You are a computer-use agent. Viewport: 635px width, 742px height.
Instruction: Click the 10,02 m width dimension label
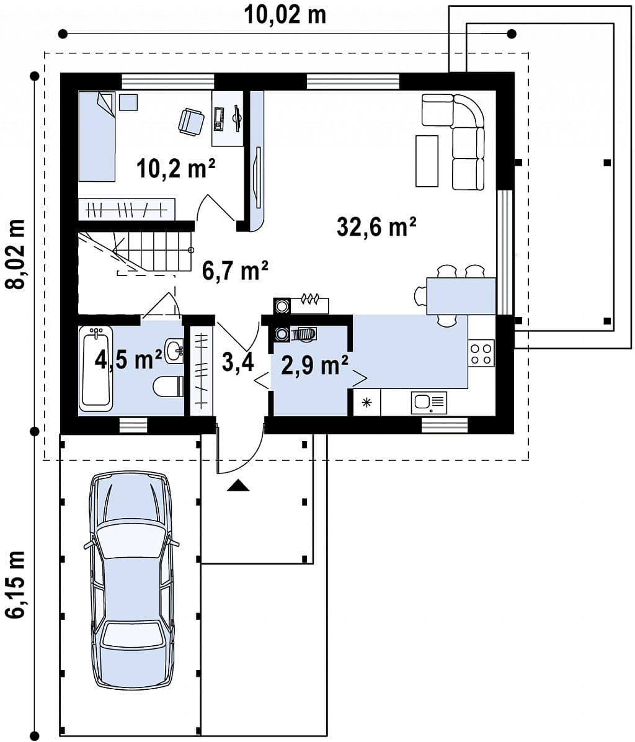click(285, 15)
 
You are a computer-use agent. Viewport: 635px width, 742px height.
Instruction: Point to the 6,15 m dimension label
click(15, 584)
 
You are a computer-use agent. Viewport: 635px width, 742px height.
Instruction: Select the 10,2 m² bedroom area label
click(176, 168)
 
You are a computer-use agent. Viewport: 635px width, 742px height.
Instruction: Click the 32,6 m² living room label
click(376, 226)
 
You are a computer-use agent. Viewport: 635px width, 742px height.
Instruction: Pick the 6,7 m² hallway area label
click(235, 271)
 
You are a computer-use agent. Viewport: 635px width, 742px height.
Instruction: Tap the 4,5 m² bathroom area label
click(128, 360)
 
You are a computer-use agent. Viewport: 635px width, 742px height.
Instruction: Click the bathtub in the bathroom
click(96, 368)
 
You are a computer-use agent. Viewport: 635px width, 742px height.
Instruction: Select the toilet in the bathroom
click(168, 386)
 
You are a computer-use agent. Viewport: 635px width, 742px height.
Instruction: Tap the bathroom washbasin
click(174, 350)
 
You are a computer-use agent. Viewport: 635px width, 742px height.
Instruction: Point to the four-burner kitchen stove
click(481, 353)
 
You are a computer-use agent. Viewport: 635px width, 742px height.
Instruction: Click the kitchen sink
click(429, 403)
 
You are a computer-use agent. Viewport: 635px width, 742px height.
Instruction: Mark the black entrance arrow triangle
click(238, 486)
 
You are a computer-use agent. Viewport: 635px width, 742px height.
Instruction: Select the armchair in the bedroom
click(191, 121)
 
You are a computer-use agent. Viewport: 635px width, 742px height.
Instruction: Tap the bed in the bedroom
click(97, 136)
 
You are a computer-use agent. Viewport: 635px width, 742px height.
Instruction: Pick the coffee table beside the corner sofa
click(427, 161)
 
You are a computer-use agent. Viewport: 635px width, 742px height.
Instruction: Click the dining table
click(461, 296)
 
